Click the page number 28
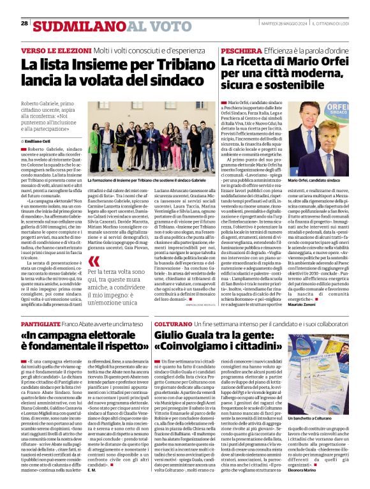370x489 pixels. click(24, 23)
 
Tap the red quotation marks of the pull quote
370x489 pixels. click(94, 261)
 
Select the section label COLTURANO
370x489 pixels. click(172, 324)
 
